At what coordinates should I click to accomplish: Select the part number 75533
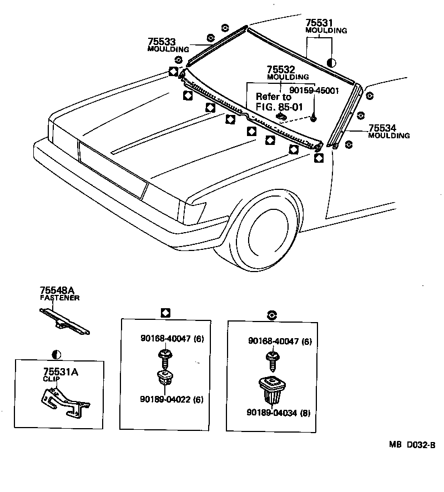click(x=162, y=42)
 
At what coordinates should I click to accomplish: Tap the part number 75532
click(x=280, y=69)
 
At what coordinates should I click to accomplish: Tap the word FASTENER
click(x=59, y=298)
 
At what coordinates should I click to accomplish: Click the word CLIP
click(x=51, y=380)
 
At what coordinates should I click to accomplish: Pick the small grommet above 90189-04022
click(x=165, y=379)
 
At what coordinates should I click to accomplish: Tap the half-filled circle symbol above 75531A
click(x=56, y=354)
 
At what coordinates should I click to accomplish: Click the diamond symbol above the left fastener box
click(x=165, y=313)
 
